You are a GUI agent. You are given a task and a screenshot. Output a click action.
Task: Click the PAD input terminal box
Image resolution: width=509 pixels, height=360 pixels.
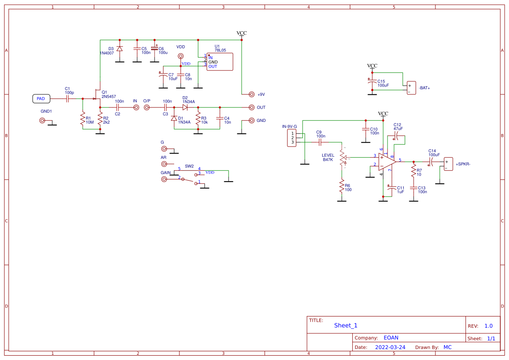coord(41,99)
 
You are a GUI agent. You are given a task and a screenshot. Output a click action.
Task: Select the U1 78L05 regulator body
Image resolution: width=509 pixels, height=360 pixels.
coord(219,62)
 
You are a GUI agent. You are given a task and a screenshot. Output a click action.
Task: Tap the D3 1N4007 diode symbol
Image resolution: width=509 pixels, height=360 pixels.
coord(119,49)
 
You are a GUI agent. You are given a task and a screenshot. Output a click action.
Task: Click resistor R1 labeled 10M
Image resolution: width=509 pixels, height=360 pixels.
coord(82,120)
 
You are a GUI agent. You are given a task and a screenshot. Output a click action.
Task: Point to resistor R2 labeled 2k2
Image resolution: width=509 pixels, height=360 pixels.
coord(100,120)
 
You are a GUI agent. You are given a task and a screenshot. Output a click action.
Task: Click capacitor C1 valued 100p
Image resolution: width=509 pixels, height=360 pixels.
coord(67,99)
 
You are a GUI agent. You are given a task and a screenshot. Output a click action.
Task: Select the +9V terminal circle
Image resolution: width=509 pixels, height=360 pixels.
coord(251,94)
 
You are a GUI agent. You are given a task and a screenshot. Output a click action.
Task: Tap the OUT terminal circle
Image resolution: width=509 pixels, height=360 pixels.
coord(251,107)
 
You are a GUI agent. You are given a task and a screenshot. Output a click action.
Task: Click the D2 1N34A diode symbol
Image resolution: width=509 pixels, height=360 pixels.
coord(185,107)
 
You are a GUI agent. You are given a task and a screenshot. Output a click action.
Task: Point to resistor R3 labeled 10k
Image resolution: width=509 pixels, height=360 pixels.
coord(198,119)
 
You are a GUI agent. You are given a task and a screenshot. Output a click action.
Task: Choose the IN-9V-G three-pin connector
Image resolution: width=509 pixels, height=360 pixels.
coord(293,138)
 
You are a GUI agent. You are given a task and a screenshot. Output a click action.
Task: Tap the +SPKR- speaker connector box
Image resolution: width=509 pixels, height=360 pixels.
coord(448,164)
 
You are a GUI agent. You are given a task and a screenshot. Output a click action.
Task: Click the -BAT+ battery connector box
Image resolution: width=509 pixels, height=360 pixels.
coord(411,88)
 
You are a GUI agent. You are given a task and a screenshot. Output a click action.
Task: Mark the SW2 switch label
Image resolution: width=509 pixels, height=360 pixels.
coord(189,166)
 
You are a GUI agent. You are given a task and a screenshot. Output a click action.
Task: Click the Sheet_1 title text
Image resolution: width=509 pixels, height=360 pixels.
coord(346,325)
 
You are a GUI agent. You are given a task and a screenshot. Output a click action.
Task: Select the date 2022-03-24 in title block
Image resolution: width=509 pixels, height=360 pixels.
coord(390,347)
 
